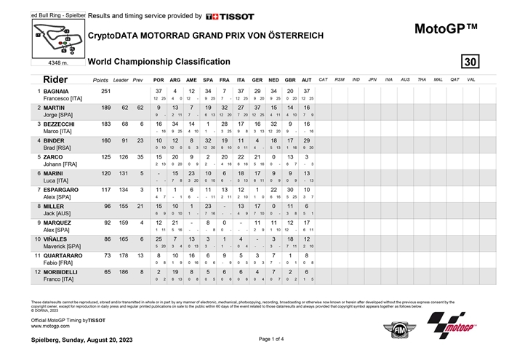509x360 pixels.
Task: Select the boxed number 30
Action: click(470, 61)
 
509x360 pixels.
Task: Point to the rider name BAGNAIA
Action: click(56, 91)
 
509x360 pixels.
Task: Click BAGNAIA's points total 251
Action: click(105, 91)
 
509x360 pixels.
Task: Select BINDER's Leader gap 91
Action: click(122, 140)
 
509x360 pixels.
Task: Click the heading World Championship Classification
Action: click(159, 62)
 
